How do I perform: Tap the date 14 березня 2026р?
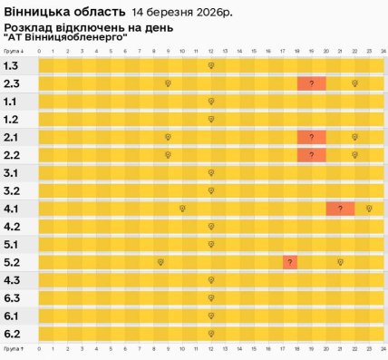180,14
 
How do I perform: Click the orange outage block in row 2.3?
311,83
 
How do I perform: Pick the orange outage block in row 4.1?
340,209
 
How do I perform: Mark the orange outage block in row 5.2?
289,262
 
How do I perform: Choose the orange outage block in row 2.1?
311,137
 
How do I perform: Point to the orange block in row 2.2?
311,155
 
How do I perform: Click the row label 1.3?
12,66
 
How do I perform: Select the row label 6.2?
12,333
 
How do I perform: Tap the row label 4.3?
12,279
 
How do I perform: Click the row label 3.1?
12,172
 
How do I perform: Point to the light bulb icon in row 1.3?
210,66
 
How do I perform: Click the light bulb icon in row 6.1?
210,316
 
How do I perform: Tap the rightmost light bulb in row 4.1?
369,209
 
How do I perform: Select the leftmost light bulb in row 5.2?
160,262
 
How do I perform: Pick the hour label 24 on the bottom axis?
383,347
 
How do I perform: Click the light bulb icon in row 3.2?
210,190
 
